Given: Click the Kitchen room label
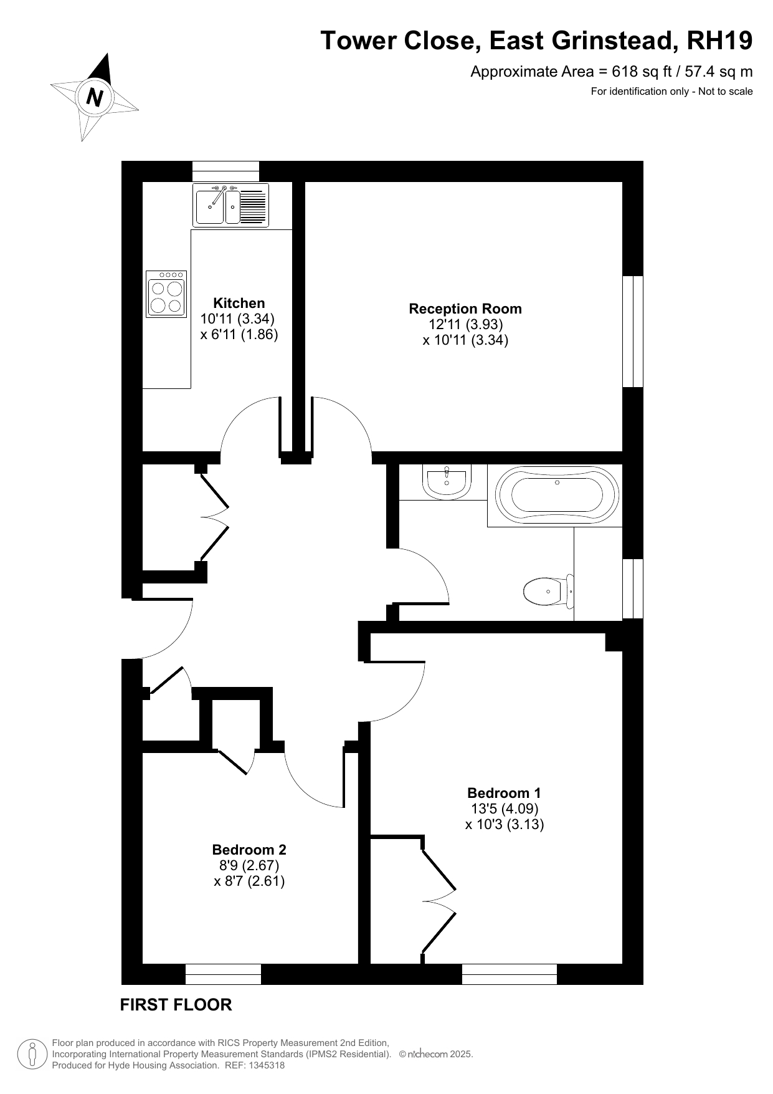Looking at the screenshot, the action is (239, 303).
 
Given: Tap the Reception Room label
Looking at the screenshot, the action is (465, 309).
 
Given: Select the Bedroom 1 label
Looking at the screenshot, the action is (504, 793).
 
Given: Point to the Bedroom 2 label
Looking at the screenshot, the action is (249, 850).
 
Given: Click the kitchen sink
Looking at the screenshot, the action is (230, 205).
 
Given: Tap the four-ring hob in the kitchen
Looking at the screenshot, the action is (166, 294).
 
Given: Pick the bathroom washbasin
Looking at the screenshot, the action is (446, 481).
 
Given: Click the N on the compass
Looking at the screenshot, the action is (94, 98).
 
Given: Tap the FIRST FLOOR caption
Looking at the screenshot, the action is (176, 1005).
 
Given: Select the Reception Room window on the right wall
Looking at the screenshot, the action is (633, 332).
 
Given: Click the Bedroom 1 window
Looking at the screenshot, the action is (510, 974).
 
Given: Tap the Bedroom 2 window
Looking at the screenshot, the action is (223, 974).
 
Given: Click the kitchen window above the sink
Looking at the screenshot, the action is (225, 171).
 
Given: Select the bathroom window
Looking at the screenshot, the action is (633, 588).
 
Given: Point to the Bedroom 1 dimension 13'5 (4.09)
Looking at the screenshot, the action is (505, 809).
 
